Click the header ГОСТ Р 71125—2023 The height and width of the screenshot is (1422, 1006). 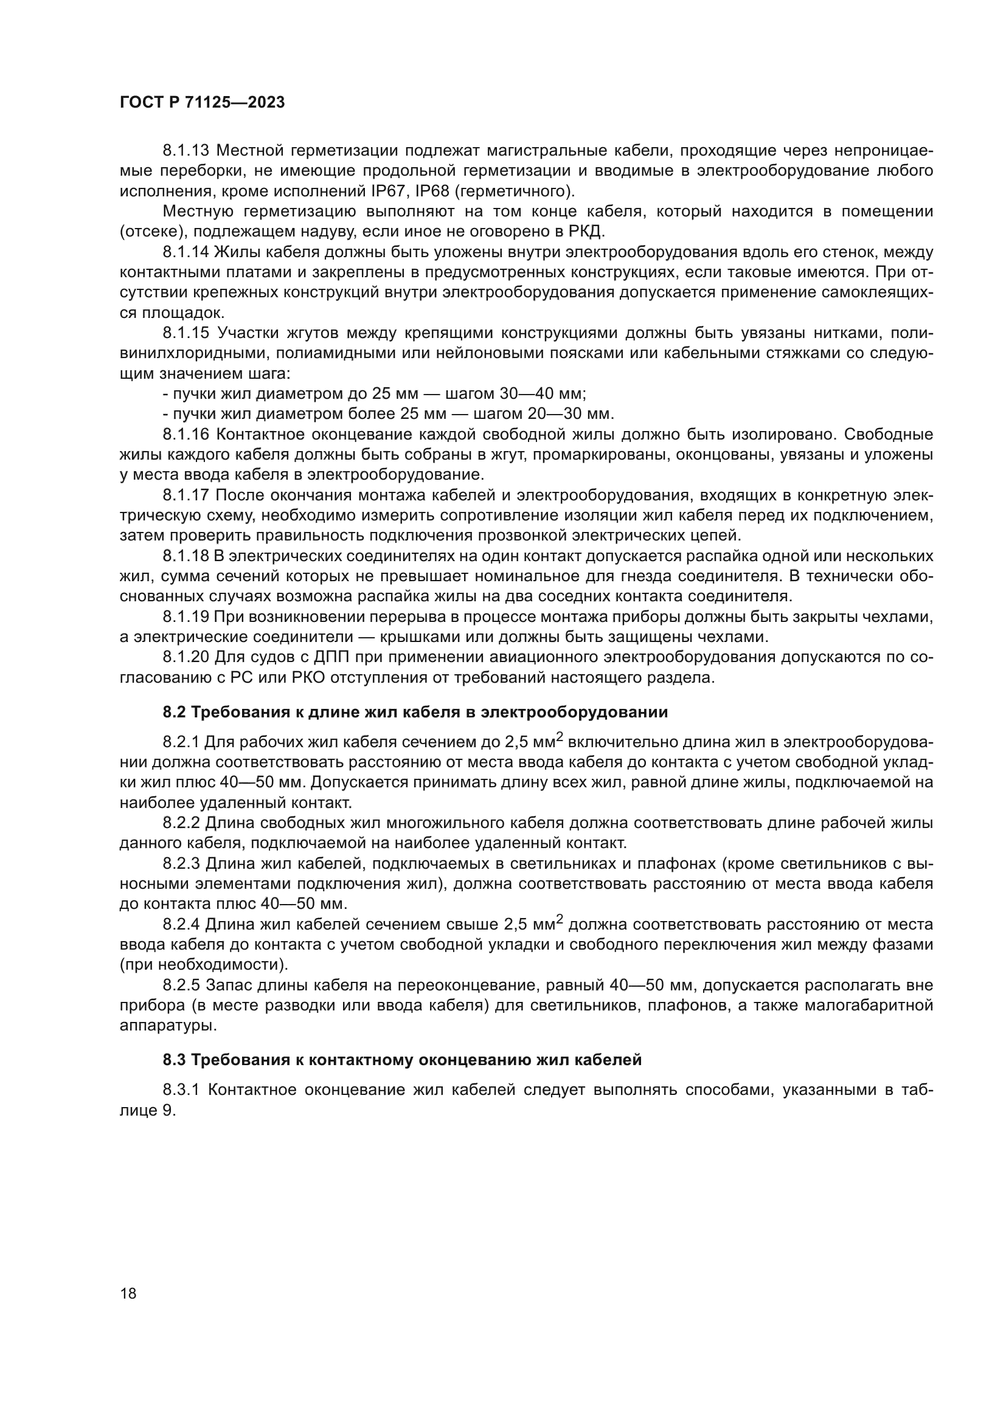pos(202,103)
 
